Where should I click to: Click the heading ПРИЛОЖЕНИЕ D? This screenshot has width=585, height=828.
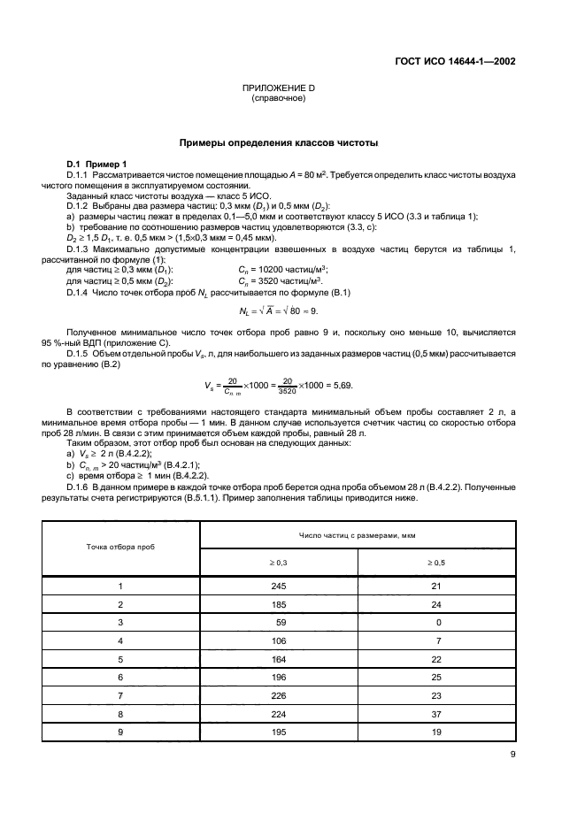(279, 89)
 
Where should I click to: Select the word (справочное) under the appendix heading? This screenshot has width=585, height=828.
(279, 99)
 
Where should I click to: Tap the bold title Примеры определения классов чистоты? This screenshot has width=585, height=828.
(279, 142)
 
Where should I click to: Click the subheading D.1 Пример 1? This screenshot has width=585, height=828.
(98, 165)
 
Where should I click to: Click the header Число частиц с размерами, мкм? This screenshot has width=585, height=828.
(358, 535)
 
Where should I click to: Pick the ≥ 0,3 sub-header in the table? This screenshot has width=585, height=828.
(279, 562)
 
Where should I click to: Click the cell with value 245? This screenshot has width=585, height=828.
(279, 586)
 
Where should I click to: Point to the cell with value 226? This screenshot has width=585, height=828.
(279, 695)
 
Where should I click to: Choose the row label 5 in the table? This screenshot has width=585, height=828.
(120, 659)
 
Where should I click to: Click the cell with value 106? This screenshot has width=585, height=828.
(279, 640)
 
